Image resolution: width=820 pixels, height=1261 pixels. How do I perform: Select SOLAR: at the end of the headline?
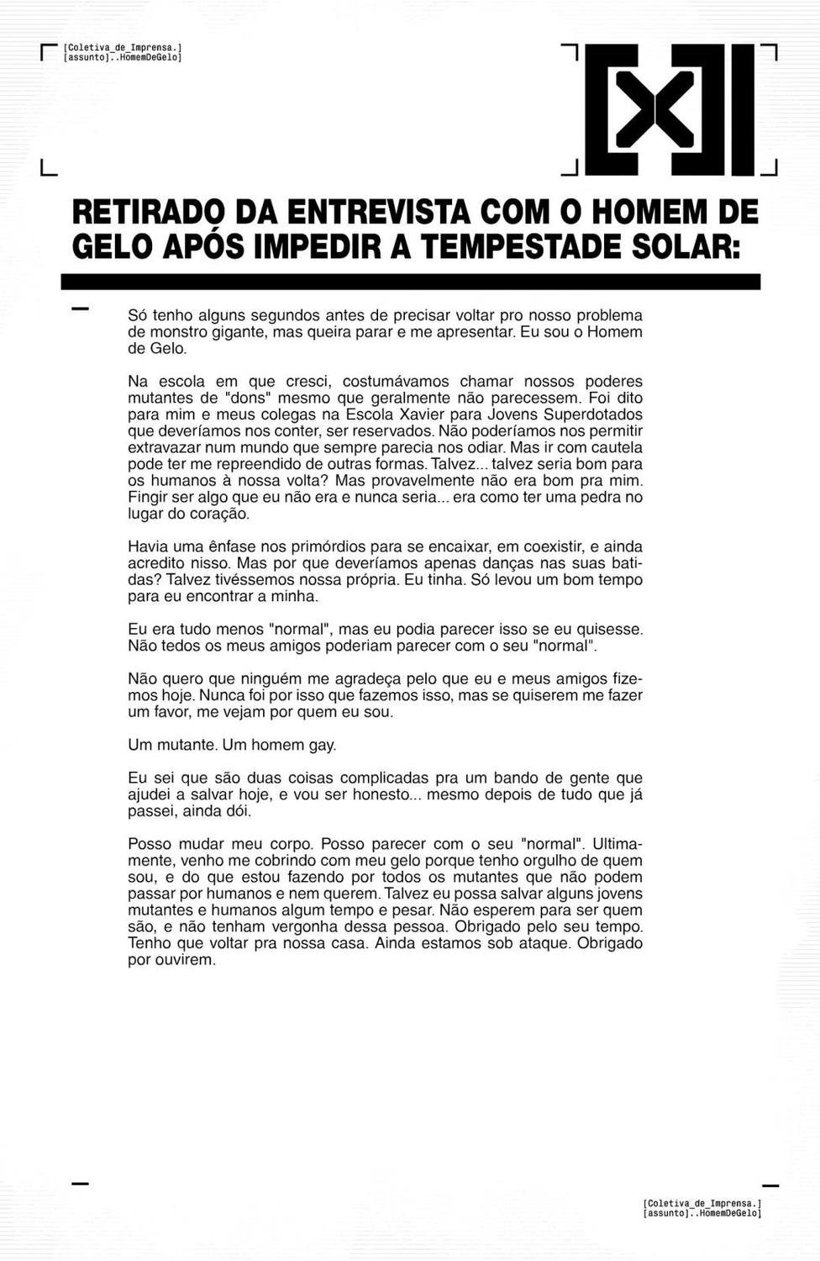[x=686, y=246]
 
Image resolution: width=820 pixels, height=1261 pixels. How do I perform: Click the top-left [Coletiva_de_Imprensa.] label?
[x=123, y=49]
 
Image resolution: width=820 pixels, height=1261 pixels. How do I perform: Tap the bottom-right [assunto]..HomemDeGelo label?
[x=702, y=1213]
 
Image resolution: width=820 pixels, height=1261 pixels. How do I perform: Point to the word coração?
[x=221, y=514]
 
